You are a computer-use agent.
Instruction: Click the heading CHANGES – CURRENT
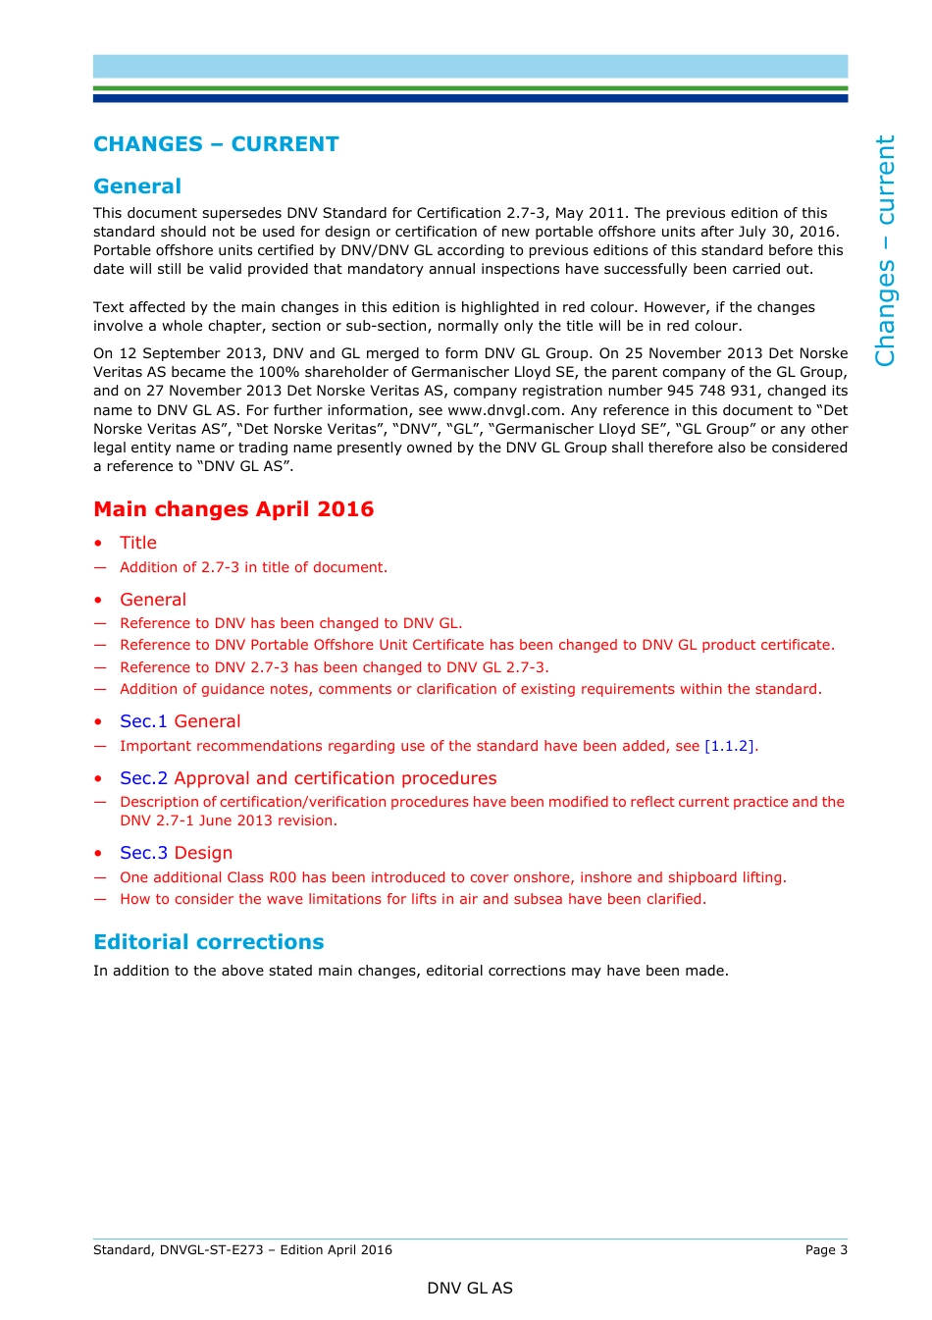point(216,144)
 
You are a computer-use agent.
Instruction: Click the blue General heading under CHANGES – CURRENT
point(137,186)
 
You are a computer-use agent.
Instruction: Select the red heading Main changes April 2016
point(233,509)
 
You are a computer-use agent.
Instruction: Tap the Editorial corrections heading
point(208,942)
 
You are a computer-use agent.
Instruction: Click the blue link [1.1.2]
point(729,746)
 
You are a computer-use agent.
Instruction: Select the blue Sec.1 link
point(143,721)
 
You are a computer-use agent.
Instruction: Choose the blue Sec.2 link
point(143,778)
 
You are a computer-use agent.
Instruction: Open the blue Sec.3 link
point(143,853)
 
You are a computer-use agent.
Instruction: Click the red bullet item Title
point(138,543)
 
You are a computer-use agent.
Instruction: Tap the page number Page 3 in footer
point(826,1249)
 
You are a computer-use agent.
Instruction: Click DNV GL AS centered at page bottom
point(470,1288)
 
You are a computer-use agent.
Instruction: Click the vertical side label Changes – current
point(885,250)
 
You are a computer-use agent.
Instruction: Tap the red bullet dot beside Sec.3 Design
point(98,854)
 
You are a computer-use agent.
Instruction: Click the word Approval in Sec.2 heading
point(212,778)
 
